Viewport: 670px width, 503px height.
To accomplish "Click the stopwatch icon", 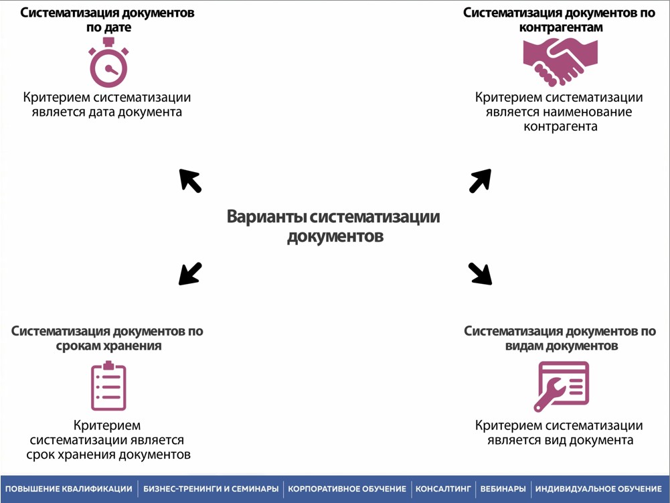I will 108,64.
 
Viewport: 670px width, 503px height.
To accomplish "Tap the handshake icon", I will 560,61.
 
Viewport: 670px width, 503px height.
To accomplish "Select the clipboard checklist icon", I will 108,386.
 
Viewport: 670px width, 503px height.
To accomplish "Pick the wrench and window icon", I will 561,386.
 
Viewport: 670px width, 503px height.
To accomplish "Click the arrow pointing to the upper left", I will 190,180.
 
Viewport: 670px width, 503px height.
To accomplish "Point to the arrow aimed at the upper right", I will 481,180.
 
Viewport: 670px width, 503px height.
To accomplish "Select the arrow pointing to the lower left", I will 190,273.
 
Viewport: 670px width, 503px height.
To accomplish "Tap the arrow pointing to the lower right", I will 480,273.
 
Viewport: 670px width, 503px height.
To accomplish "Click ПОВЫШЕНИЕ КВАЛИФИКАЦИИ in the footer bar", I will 69,490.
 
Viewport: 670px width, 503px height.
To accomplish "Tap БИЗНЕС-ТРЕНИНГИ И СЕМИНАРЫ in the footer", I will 211,490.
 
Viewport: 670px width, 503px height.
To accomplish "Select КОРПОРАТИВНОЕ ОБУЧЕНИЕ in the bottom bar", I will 347,490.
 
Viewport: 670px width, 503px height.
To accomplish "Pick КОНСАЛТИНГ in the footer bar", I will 443,490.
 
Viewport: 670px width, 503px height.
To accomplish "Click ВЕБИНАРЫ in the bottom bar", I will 503,490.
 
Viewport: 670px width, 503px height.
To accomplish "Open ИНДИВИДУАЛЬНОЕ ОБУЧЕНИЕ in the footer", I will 598,490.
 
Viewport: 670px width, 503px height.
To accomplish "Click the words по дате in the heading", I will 108,28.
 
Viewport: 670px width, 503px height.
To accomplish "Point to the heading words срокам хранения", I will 108,346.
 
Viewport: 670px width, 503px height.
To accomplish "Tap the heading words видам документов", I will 560,346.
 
